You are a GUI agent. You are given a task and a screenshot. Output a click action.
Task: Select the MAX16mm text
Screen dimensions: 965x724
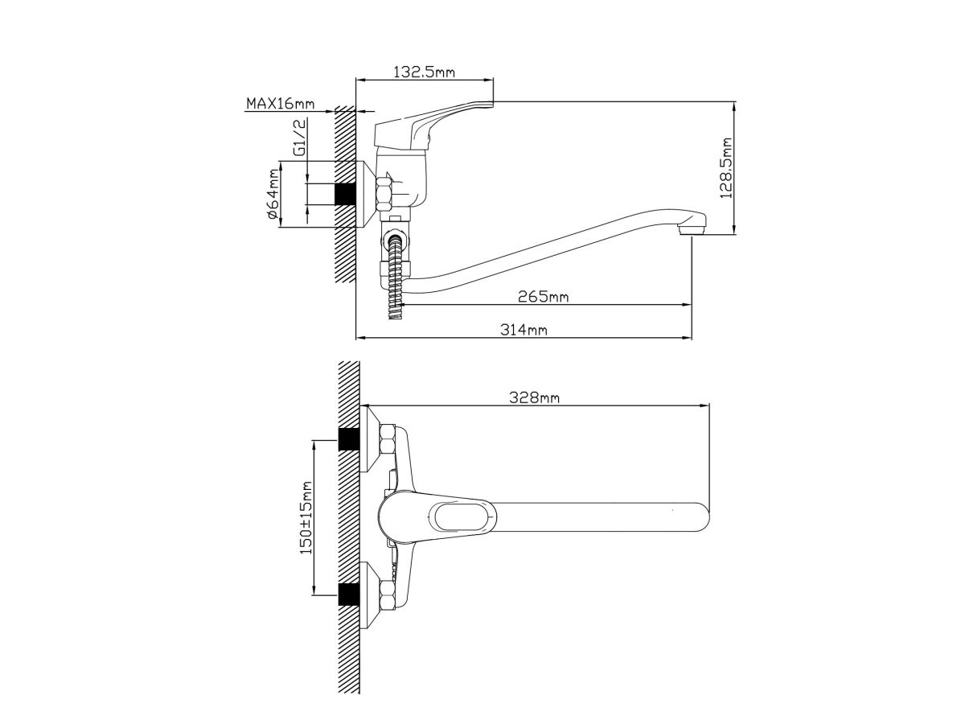[281, 104]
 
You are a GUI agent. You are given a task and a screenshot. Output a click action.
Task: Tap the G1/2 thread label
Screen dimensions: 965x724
[299, 137]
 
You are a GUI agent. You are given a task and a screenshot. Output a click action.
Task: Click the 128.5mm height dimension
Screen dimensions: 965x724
[726, 168]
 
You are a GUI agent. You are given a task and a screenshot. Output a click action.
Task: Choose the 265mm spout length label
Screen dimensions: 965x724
[543, 297]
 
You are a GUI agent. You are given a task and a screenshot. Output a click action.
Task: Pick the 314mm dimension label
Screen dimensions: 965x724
[524, 329]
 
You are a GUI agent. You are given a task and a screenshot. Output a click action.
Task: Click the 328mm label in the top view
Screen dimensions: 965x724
[534, 397]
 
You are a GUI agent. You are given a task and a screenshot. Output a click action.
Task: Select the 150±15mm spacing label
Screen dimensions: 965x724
[306, 518]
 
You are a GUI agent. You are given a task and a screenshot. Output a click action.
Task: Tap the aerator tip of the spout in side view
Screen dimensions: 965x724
[692, 229]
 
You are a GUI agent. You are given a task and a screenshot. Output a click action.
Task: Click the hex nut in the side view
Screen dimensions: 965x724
[384, 193]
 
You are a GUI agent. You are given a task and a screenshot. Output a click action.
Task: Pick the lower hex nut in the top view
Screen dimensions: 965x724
[388, 594]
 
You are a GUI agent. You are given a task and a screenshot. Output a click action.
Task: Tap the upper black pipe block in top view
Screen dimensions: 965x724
[349, 438]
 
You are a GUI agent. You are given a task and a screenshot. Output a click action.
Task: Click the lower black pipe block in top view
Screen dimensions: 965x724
[349, 594]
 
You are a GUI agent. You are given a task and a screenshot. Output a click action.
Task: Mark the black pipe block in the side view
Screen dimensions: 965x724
[345, 194]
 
